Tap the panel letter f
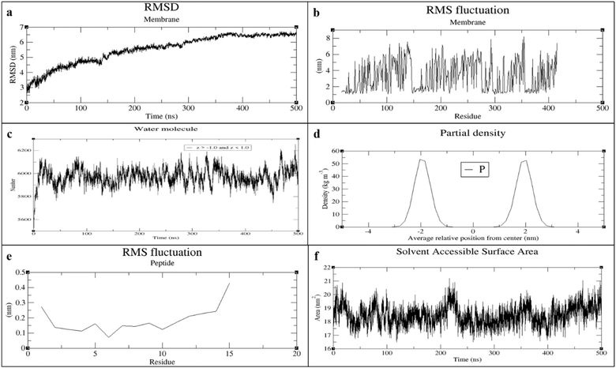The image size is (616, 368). [x=317, y=253]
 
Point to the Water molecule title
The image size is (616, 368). [x=162, y=130]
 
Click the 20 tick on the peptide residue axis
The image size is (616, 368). [x=295, y=355]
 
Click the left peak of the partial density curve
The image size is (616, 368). [x=422, y=160]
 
